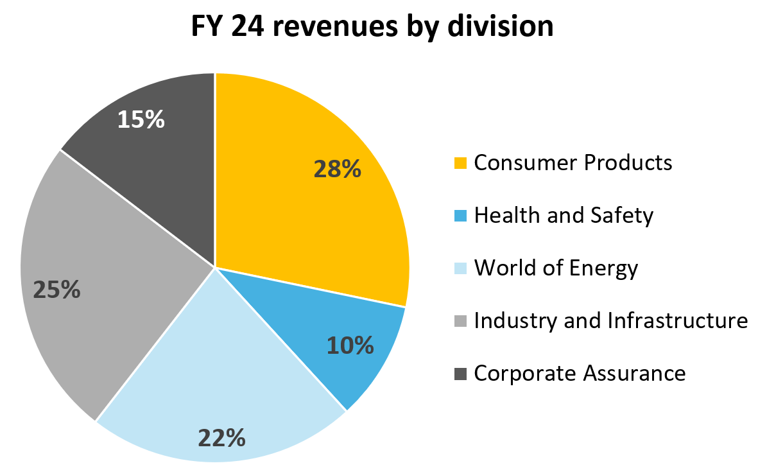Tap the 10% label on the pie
(350, 345)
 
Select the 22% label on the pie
(221, 438)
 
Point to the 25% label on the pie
(57, 290)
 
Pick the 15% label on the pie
(141, 119)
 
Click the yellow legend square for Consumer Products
(460, 163)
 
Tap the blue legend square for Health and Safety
(460, 216)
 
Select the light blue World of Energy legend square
(460, 268)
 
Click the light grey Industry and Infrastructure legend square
(460, 320)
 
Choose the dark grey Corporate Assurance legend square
(460, 373)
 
